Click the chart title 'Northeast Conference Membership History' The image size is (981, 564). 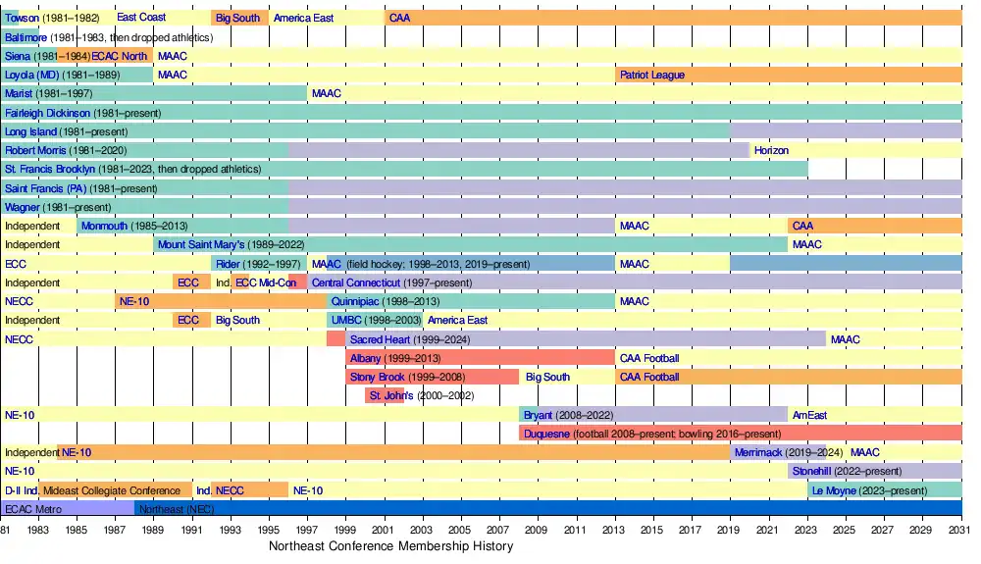point(390,546)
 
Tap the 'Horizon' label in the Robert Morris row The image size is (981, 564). point(771,150)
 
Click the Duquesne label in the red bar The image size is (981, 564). point(545,434)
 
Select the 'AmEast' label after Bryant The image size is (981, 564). point(809,415)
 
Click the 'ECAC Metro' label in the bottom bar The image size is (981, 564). point(32,509)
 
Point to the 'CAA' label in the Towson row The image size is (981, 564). point(399,18)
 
